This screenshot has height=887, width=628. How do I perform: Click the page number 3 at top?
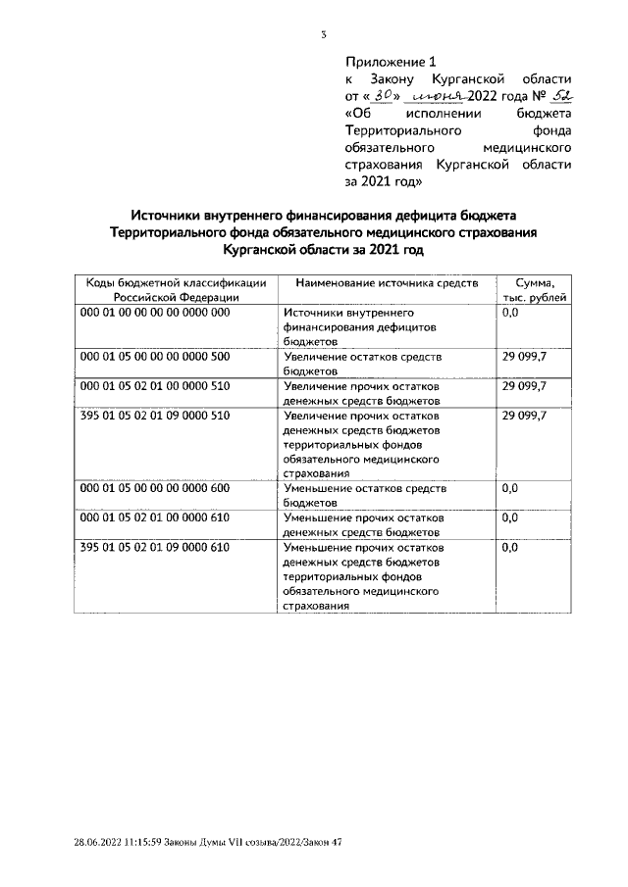point(323,35)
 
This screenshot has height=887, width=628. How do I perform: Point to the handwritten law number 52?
point(558,95)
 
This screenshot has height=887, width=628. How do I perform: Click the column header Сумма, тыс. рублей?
point(535,289)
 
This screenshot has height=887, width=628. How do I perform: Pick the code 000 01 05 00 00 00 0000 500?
point(154,357)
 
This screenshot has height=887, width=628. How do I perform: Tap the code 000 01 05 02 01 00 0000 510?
point(154,387)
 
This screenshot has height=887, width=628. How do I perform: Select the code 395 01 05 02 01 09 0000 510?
point(154,417)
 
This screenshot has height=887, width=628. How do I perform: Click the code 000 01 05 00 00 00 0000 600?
point(154,487)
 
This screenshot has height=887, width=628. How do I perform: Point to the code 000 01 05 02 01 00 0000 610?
point(154,517)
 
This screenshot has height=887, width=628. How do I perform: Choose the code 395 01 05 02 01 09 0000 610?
point(154,547)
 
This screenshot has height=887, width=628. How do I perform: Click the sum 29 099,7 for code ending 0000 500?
point(525,357)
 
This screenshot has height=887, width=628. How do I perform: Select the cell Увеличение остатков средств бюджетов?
point(362,365)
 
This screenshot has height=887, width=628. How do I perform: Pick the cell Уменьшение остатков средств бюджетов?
point(364,495)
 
